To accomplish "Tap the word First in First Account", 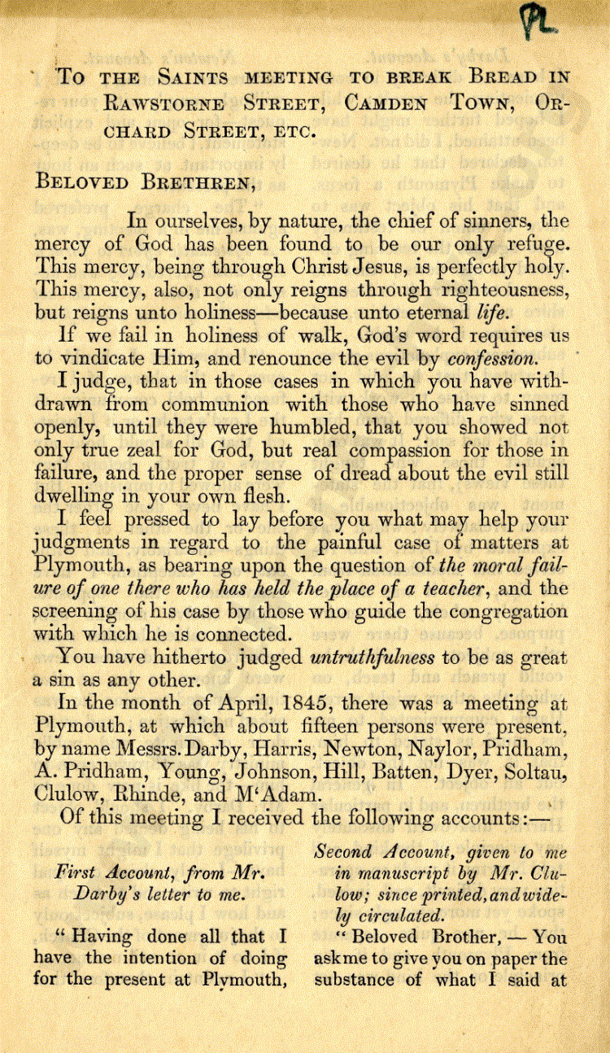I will pyautogui.click(x=75, y=872).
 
